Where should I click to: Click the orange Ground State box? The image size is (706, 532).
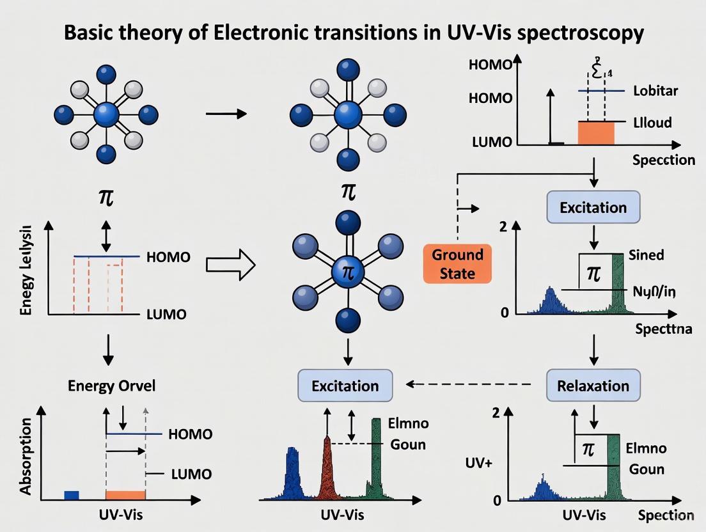457,263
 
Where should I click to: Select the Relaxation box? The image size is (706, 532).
593,386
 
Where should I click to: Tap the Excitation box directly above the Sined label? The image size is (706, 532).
593,208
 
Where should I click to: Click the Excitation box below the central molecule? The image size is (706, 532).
345,386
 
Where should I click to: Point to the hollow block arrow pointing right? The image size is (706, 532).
231,264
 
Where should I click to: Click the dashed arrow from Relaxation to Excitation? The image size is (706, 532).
470,385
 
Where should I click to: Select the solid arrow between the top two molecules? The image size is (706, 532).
226,114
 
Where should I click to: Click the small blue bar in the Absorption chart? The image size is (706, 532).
72,495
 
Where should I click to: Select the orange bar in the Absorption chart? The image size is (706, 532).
125,495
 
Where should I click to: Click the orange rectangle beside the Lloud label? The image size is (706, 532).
595,133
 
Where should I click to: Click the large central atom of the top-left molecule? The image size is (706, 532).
106,116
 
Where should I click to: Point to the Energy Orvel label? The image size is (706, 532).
111,386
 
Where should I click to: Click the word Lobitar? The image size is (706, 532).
655,90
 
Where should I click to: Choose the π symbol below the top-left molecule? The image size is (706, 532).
106,196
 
